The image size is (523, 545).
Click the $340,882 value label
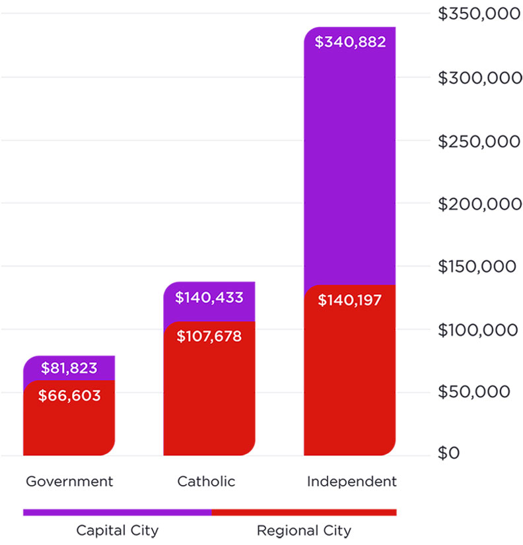point(350,43)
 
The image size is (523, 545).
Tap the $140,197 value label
point(350,301)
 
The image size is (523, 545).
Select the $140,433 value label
point(209,298)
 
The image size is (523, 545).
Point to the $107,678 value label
point(209,337)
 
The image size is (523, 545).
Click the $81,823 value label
point(70,368)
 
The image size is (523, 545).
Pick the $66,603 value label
point(70,396)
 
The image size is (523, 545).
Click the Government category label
point(69,482)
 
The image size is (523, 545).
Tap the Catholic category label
point(206,482)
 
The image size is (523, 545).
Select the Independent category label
point(352,482)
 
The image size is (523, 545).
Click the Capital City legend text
point(118,530)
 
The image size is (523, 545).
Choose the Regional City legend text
point(304,530)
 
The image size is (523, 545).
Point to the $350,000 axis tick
point(475,15)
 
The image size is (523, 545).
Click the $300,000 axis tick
point(475,78)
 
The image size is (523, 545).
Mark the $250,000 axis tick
point(475,141)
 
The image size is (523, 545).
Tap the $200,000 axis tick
point(475,204)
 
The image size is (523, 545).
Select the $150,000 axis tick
point(475,267)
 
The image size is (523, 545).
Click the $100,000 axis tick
point(475,329)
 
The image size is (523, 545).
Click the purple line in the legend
point(117,512)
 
